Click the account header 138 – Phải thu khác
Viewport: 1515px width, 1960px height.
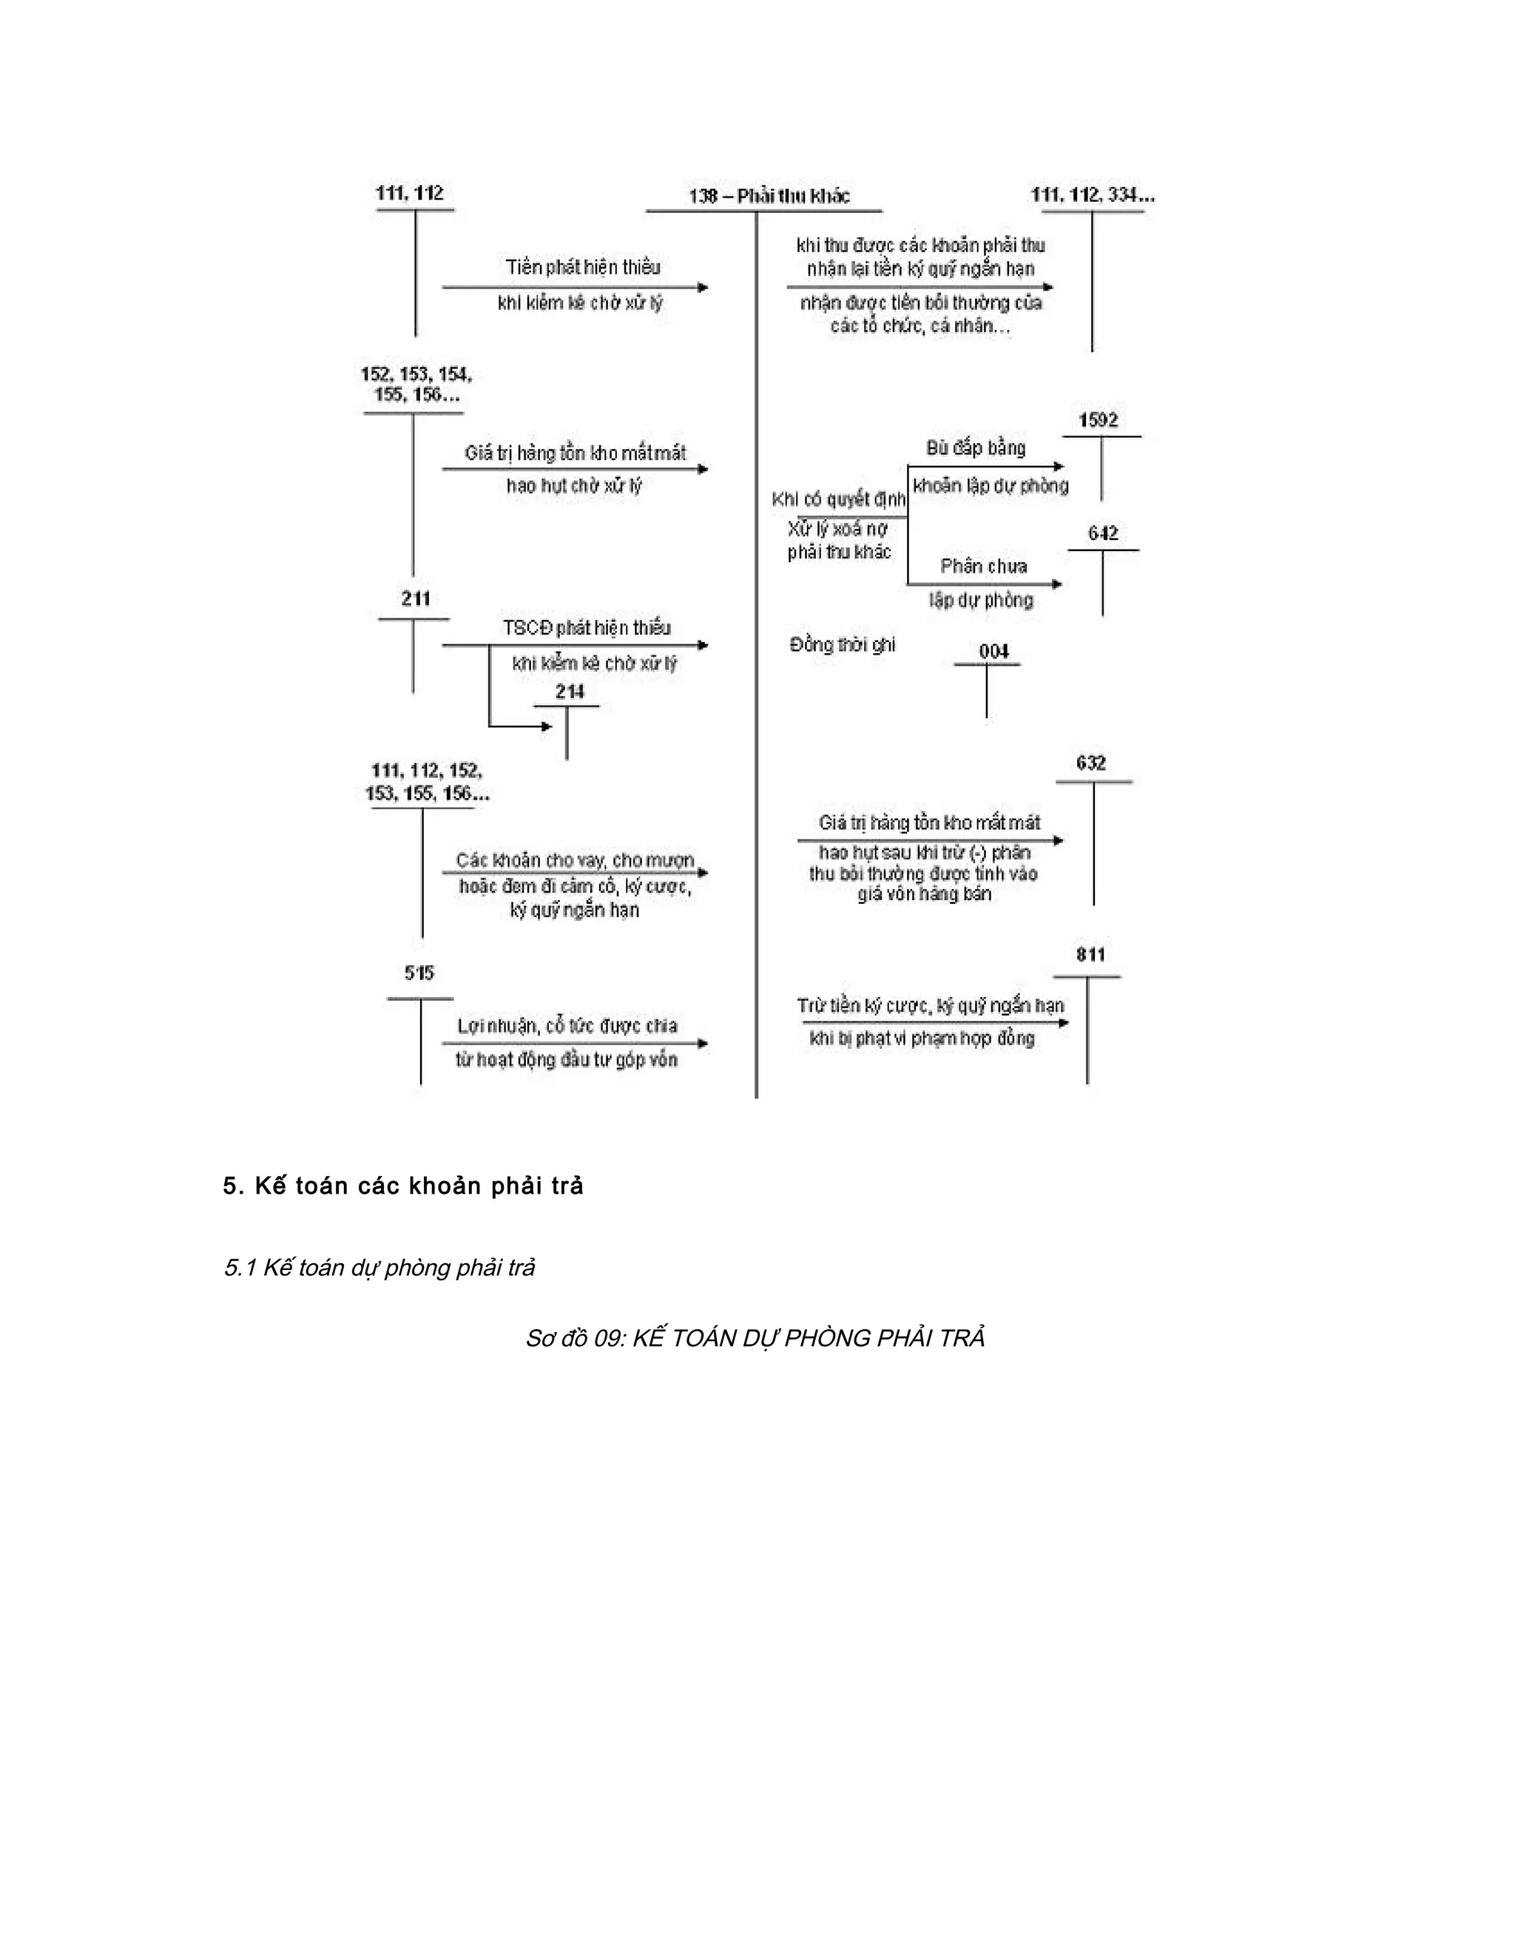point(769,196)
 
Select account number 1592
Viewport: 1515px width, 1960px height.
point(1098,420)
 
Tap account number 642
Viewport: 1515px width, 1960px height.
point(1102,533)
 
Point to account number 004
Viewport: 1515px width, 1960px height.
point(993,651)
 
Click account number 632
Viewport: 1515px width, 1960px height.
point(1090,763)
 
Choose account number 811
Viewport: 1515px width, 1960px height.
point(1090,954)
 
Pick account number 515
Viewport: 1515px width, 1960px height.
point(419,973)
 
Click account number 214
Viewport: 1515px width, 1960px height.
point(569,691)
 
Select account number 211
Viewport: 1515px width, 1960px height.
point(416,598)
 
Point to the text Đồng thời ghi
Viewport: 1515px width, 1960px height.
point(842,644)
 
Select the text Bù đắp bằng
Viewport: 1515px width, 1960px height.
point(976,447)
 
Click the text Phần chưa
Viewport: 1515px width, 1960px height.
point(984,567)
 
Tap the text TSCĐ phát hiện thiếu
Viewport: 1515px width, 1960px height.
point(586,627)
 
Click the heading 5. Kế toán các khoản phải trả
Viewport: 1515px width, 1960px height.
point(403,1186)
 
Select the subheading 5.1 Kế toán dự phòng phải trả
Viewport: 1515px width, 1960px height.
point(379,1267)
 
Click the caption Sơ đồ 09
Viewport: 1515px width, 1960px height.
point(755,1338)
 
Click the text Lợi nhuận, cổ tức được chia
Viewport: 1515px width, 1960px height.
point(567,1026)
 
